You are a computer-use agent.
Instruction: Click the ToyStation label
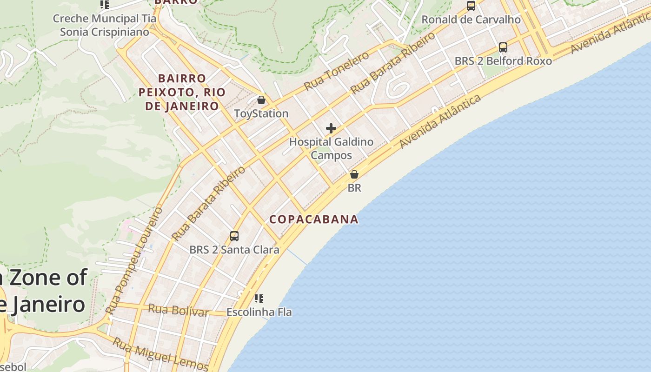pos(261,113)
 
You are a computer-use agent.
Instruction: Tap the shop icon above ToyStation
pos(261,100)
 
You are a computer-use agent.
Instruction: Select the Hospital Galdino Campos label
pos(331,148)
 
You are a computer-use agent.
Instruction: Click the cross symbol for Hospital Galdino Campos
pos(331,128)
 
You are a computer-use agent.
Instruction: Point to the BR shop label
pos(354,188)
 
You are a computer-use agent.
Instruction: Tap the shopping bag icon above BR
pos(354,175)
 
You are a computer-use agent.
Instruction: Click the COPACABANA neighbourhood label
pos(314,219)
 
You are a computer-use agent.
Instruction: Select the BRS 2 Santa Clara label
pos(234,250)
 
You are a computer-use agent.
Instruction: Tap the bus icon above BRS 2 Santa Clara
pos(234,236)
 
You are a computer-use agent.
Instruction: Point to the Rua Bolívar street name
pos(178,310)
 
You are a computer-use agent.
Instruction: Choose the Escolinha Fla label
pos(259,312)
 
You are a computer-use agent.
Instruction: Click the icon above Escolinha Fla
pos(259,298)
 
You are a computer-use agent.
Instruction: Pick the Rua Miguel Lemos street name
pos(160,354)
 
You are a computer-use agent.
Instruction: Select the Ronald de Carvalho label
pos(471,20)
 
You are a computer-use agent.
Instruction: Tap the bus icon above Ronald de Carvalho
pos(471,6)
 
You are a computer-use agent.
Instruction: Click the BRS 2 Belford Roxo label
pos(503,61)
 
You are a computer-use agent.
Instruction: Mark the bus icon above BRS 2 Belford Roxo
pos(503,47)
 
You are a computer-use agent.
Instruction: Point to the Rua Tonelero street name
pos(336,71)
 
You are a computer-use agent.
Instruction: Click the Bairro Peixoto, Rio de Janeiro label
pos(182,92)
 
